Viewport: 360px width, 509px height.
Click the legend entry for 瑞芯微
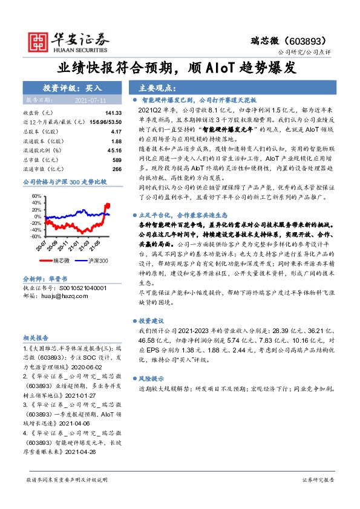[57, 261]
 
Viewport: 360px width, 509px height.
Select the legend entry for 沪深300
[92, 261]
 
